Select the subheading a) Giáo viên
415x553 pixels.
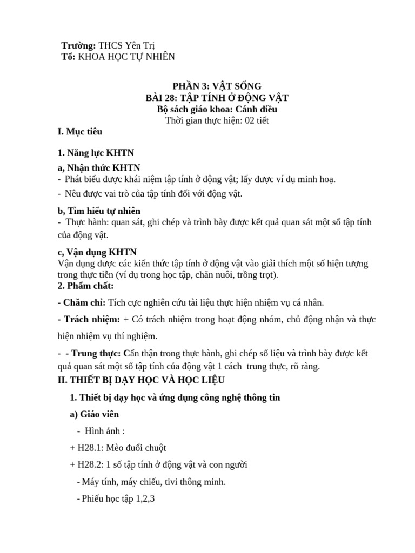[95, 415]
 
